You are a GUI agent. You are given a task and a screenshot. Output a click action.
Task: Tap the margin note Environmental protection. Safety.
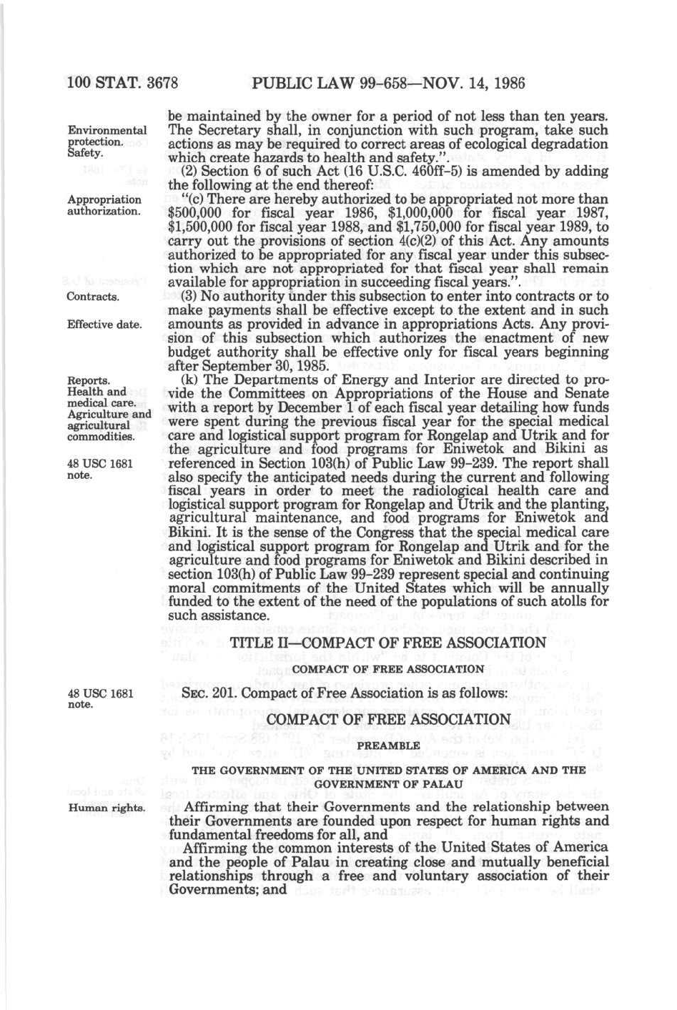(x=107, y=142)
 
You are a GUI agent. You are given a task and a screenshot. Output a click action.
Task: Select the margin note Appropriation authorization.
(x=104, y=205)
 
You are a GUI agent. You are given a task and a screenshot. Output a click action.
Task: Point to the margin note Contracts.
(x=92, y=297)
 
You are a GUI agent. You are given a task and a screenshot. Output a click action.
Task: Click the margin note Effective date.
(x=104, y=325)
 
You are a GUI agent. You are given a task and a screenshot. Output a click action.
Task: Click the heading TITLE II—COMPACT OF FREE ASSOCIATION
(x=387, y=643)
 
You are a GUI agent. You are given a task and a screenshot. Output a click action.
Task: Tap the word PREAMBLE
(x=387, y=746)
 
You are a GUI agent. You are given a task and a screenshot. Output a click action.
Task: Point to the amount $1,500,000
(x=202, y=227)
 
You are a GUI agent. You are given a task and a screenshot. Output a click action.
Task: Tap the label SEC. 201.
(x=207, y=693)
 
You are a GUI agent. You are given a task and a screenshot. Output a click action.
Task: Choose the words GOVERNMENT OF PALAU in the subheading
(x=387, y=783)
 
